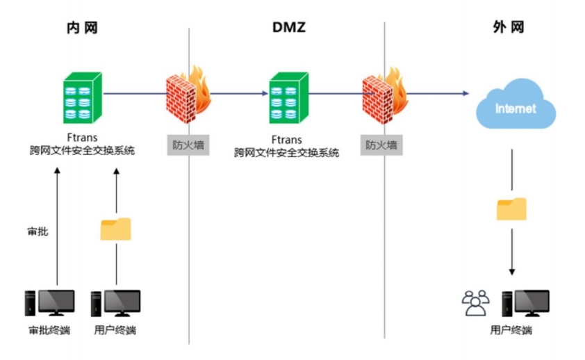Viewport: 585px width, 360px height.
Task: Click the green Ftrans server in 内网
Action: point(83,97)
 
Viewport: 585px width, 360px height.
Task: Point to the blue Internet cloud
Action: point(516,106)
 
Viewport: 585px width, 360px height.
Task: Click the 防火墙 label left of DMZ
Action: point(188,145)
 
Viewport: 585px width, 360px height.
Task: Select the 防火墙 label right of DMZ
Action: point(382,145)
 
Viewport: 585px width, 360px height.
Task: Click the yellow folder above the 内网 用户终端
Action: point(116,229)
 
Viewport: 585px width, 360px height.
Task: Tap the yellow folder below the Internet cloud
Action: point(511,208)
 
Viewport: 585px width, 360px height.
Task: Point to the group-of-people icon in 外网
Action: point(476,303)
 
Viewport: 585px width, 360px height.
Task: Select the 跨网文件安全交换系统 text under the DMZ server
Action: point(287,152)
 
